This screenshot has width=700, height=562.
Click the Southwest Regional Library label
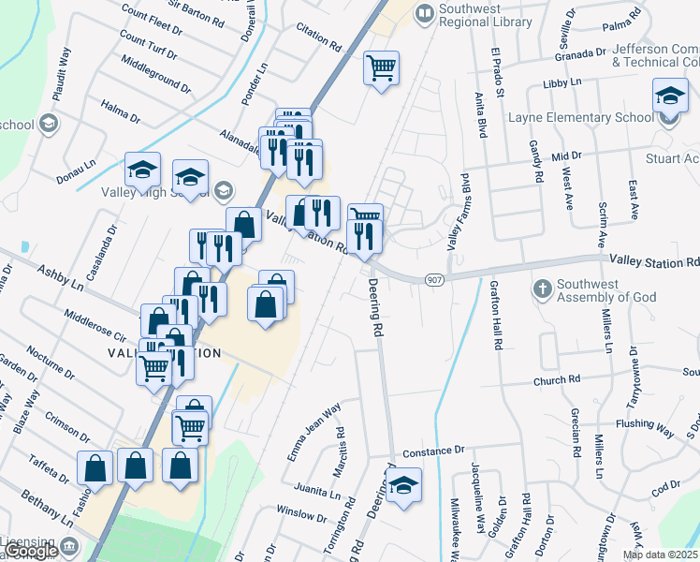click(485, 15)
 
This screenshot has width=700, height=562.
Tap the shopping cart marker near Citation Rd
click(381, 67)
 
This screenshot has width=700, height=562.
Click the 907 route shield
click(433, 279)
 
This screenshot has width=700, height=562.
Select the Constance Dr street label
click(433, 451)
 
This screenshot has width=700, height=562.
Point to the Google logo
click(31, 551)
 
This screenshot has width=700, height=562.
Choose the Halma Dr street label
click(120, 112)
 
